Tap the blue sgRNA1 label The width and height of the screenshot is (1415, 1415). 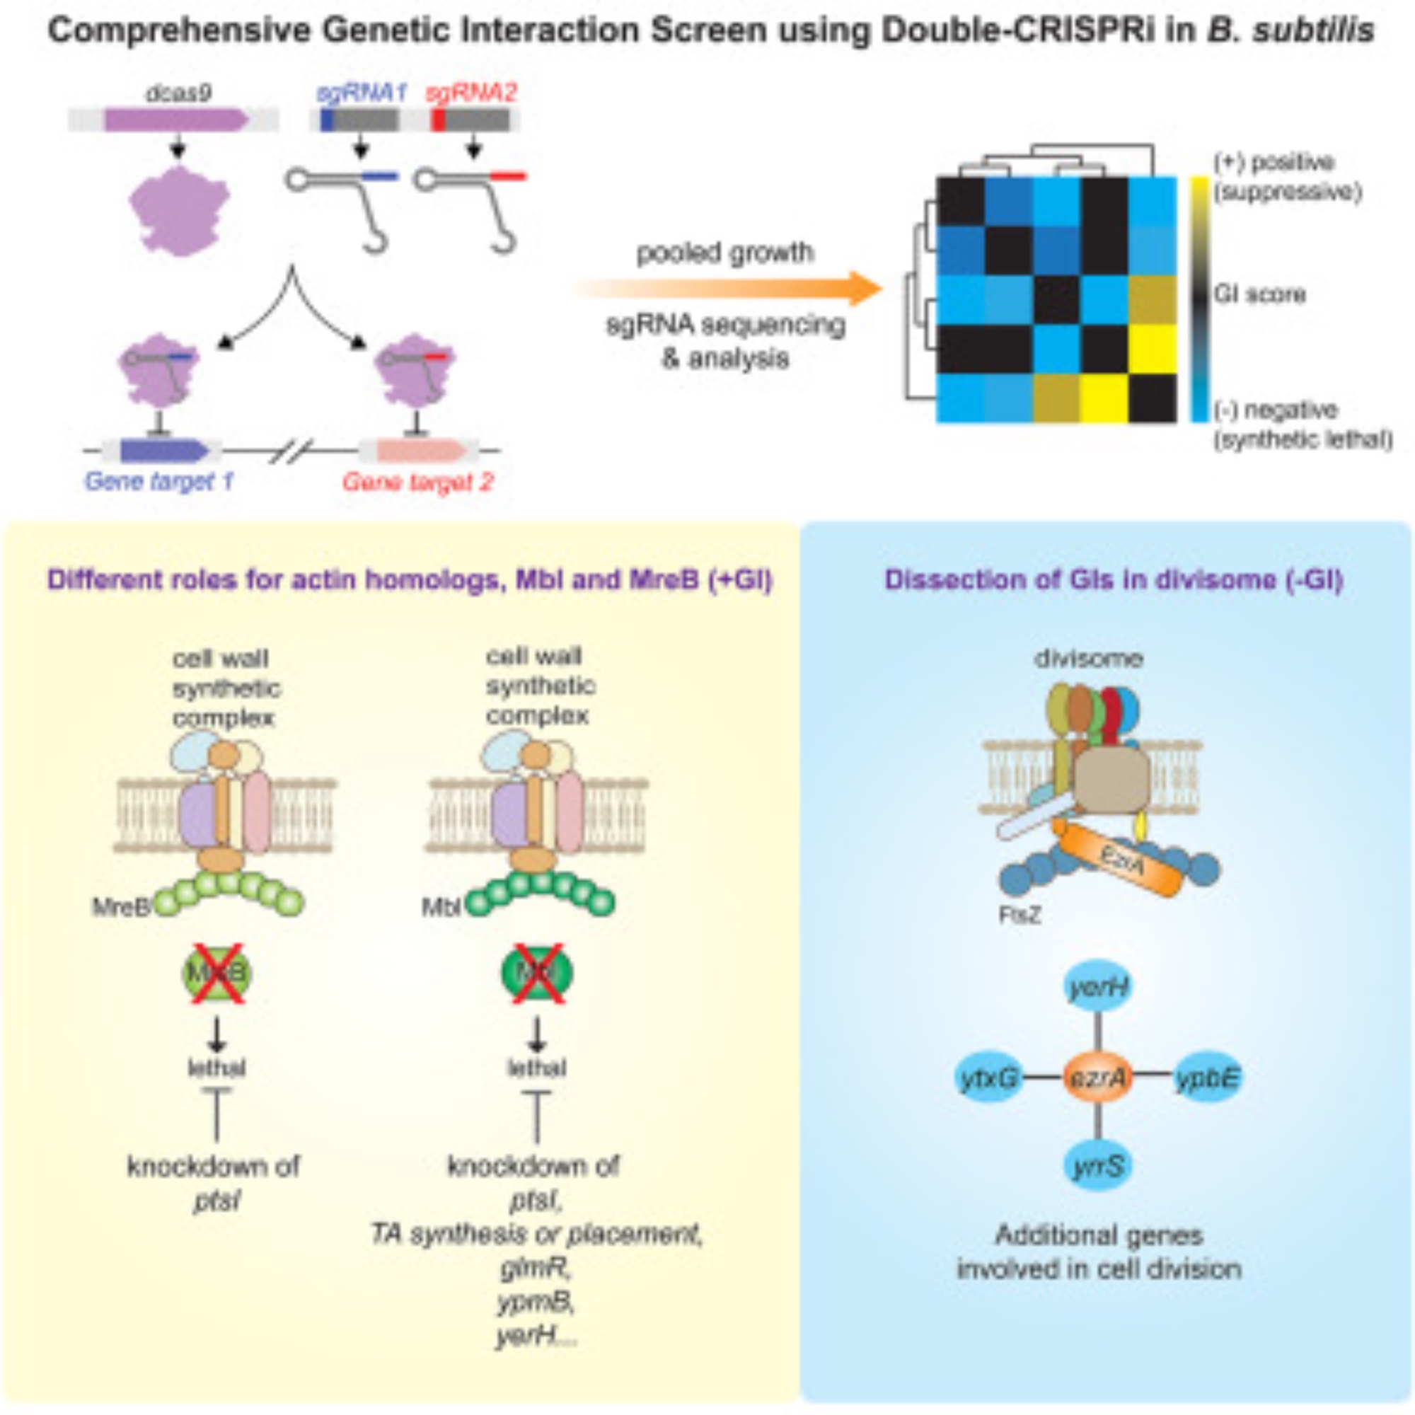click(360, 93)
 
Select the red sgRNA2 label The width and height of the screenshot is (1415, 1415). click(473, 93)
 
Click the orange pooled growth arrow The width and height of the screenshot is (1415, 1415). click(732, 289)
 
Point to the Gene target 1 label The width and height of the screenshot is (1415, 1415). click(159, 481)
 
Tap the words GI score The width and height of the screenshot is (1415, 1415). click(1259, 294)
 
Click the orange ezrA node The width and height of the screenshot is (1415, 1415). click(1097, 1078)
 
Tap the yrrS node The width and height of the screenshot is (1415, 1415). click(1097, 1166)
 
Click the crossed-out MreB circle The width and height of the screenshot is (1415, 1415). click(216, 974)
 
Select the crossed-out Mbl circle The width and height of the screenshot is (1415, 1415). click(537, 974)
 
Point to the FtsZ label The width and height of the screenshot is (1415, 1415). click(1019, 916)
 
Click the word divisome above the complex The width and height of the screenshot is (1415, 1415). click(1088, 659)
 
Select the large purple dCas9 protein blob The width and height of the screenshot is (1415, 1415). click(180, 210)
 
